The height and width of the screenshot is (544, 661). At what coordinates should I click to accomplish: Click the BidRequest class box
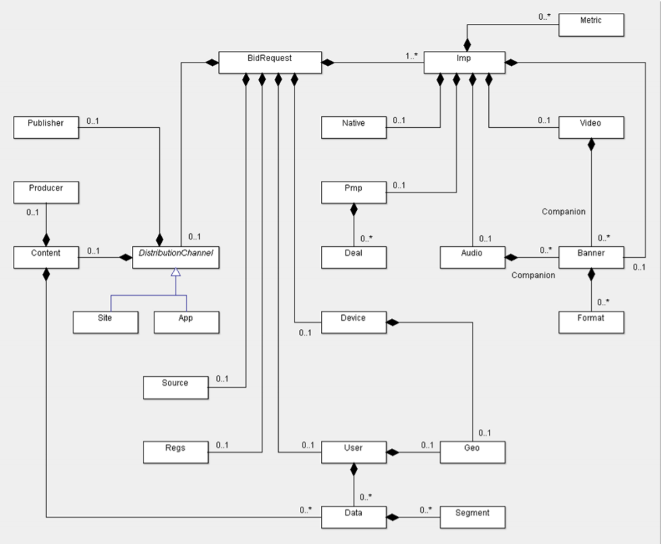pos(270,63)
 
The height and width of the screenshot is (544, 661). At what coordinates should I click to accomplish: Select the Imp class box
pos(464,63)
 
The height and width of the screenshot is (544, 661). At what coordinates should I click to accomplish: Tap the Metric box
pos(591,25)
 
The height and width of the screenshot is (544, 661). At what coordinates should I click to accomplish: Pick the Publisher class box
pos(46,127)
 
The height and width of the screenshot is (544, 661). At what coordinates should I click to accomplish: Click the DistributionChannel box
pos(175,257)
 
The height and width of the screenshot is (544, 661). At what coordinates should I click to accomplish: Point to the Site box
pos(105,322)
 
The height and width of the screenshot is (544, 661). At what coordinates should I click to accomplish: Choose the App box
pos(186,322)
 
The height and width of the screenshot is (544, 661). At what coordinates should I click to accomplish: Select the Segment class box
pos(473,517)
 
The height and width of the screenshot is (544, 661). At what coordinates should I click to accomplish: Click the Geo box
pos(473,452)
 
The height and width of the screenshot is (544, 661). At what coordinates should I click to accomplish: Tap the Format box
pos(591,322)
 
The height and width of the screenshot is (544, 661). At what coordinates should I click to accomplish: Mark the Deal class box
pos(354,257)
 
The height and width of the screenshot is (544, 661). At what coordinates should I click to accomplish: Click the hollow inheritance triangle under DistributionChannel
pos(175,272)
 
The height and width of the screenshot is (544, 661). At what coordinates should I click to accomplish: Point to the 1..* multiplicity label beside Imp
pos(411,56)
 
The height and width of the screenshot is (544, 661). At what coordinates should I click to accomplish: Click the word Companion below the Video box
pos(564,211)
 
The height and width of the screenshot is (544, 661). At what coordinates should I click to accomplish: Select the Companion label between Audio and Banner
pos(533,275)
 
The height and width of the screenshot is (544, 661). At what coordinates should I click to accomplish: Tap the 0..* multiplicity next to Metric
pos(544,17)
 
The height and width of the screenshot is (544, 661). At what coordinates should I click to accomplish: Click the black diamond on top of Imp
pos(467,45)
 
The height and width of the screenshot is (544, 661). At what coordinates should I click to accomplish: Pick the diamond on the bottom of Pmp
pos(354,209)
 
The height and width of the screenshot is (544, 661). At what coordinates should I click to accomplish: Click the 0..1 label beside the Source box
pos(222,379)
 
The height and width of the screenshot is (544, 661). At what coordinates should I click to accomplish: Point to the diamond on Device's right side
pos(392,322)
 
